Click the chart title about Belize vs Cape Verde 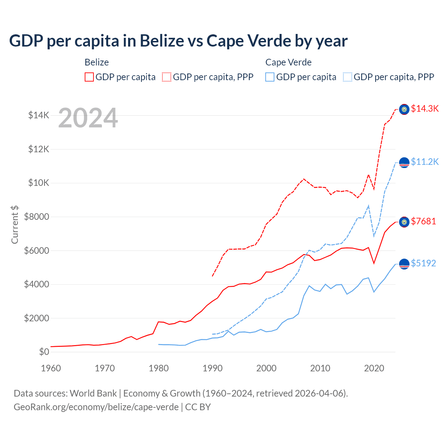[x=178, y=41]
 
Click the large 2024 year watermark [x=88, y=118]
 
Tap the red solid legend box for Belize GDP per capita [x=89, y=77]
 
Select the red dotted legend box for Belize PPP [x=167, y=77]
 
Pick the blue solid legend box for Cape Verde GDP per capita [x=270, y=77]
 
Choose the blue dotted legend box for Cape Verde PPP [x=348, y=77]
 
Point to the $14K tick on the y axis [x=39, y=115]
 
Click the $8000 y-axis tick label [x=37, y=217]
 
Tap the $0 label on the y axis [x=44, y=352]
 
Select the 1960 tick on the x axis [x=51, y=368]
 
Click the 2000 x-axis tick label [x=266, y=368]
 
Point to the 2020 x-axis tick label [x=374, y=368]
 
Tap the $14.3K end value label [x=425, y=108]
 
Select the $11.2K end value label [x=425, y=162]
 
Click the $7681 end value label [x=423, y=221]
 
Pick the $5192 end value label [x=423, y=263]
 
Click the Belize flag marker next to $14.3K [x=404, y=110]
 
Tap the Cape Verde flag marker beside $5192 [x=404, y=264]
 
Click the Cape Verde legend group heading [x=288, y=62]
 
